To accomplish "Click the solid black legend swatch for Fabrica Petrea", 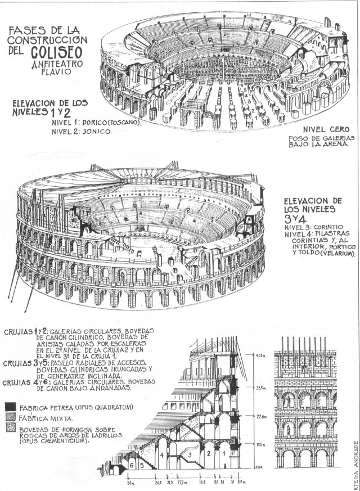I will tap(8, 406).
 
